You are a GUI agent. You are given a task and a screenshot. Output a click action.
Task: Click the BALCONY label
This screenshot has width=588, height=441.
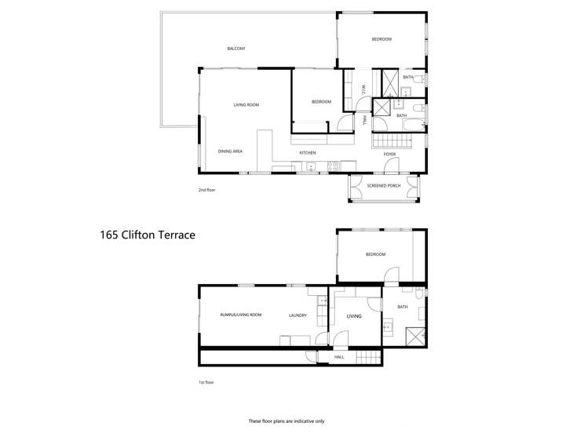tap(236, 49)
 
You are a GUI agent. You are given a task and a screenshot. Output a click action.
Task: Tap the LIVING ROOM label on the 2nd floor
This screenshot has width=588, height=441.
tap(246, 104)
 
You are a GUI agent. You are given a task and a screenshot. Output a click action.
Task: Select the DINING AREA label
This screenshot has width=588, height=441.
tap(230, 151)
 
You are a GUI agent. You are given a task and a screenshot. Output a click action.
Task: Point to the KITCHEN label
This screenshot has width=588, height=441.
tap(307, 152)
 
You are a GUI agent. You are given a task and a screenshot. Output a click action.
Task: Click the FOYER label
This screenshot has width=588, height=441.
tap(389, 154)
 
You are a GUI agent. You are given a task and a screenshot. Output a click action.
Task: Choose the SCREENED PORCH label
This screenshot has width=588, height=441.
tap(384, 186)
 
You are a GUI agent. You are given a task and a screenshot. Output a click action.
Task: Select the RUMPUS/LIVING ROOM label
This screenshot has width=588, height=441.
tap(240, 315)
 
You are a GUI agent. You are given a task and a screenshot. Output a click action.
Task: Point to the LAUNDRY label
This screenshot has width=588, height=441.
tap(298, 315)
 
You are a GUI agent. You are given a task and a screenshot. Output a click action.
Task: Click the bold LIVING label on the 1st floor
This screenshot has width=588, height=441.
tap(354, 316)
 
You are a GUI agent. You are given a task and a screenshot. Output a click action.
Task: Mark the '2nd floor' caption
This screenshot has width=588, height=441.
tap(206, 190)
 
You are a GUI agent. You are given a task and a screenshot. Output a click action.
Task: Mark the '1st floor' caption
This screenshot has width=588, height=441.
tap(206, 382)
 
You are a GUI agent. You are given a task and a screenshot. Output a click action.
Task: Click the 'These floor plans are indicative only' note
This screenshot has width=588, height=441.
tap(286, 421)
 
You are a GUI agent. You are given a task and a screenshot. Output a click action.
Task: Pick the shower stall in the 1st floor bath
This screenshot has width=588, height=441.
tap(414, 337)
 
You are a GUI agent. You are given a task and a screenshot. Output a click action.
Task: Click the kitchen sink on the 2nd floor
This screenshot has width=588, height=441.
tap(312, 166)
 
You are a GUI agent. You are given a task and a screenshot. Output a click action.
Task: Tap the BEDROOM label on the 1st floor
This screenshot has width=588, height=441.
tap(374, 254)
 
